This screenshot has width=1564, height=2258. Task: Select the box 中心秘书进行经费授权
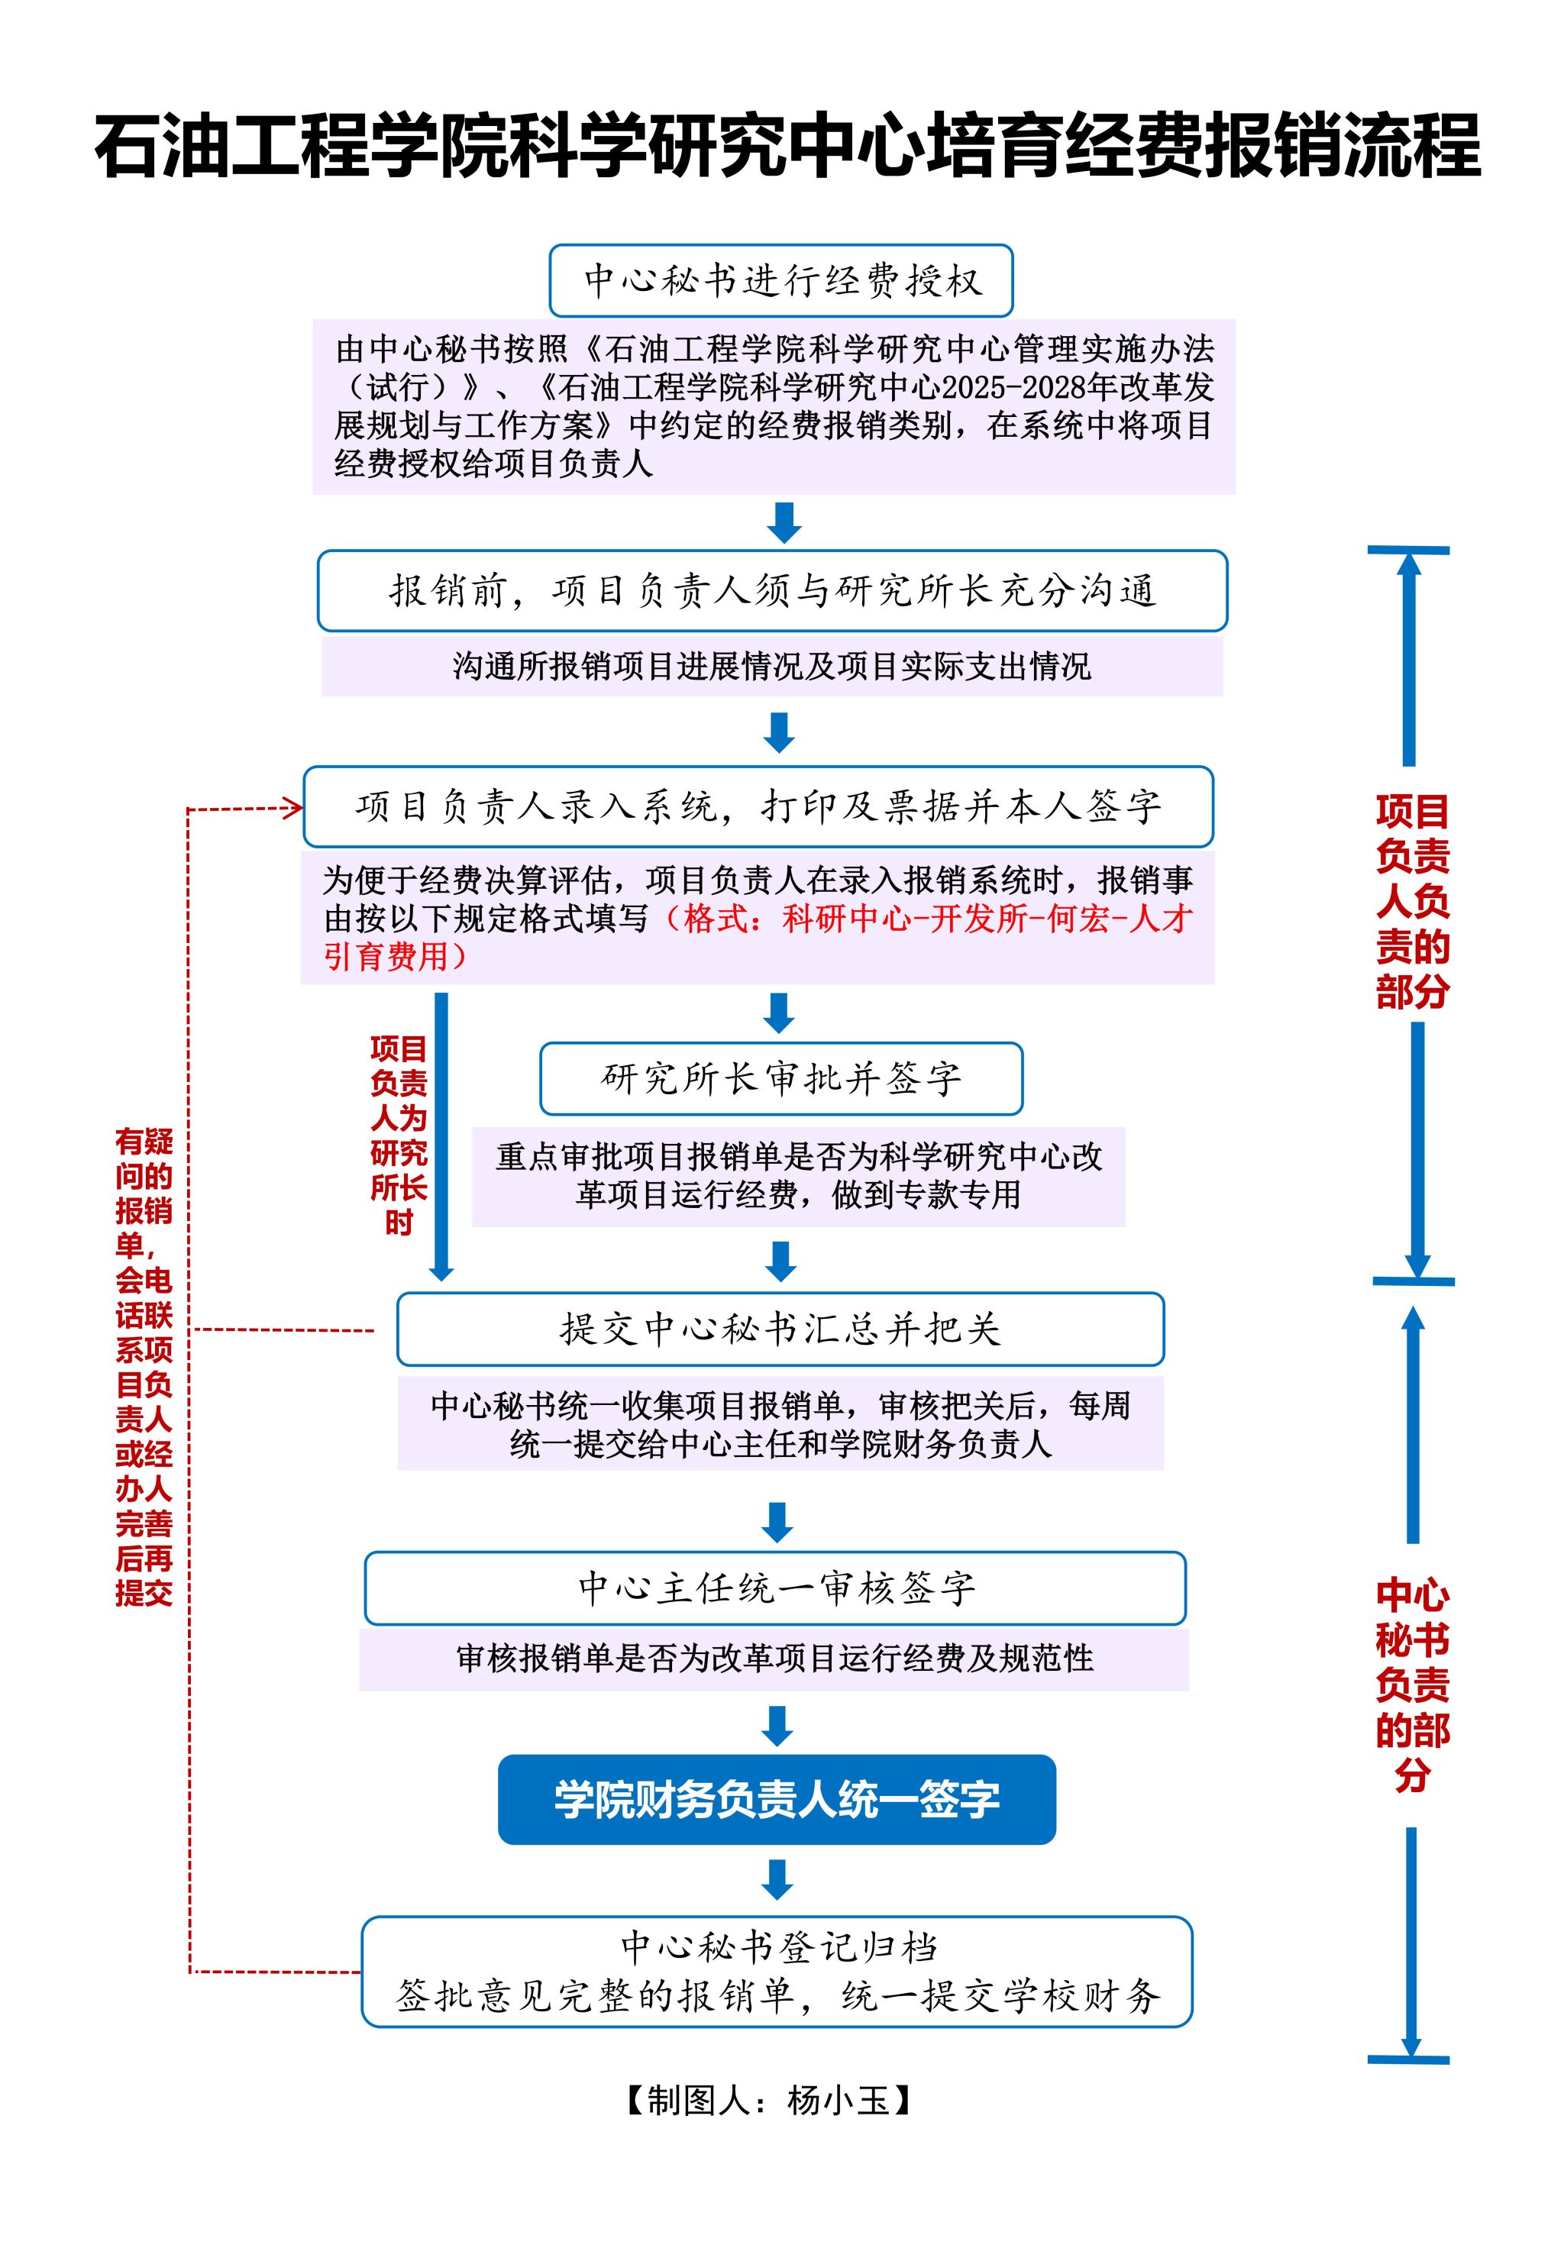tap(781, 281)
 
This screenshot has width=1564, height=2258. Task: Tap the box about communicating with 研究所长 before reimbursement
tap(772, 591)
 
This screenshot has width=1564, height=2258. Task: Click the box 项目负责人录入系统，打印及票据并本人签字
tap(758, 806)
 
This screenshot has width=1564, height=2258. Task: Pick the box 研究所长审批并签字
tap(781, 1078)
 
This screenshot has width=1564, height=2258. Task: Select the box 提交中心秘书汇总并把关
tap(780, 1329)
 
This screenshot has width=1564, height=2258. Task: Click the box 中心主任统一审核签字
tap(775, 1588)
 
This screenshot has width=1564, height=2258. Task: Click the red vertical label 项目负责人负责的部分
tap(1412, 901)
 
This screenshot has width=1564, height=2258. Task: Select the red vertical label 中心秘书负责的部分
tap(1412, 1685)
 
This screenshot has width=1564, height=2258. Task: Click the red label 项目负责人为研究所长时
tap(399, 1135)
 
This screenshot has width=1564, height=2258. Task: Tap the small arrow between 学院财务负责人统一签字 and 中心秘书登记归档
tap(778, 1879)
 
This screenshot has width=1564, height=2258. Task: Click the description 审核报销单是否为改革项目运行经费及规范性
tap(774, 1659)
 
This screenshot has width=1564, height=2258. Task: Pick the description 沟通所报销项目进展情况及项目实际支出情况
tap(772, 666)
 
